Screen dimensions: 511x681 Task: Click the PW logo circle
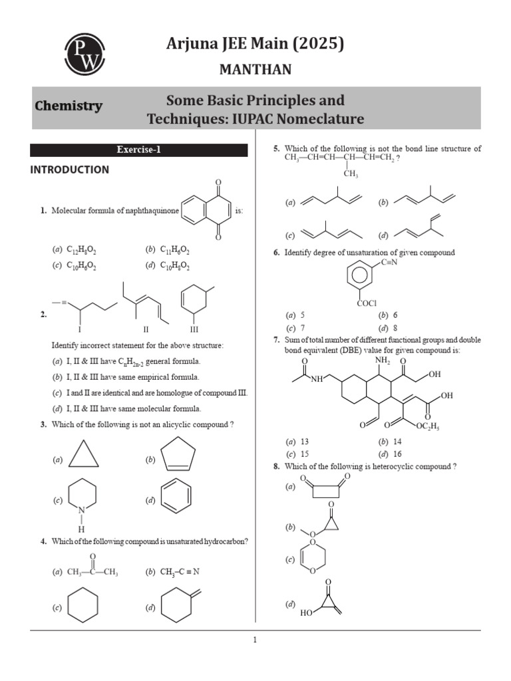pyautogui.click(x=85, y=54)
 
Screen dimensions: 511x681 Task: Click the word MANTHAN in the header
pyautogui.click(x=255, y=70)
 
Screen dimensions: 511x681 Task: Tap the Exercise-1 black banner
pyautogui.click(x=139, y=150)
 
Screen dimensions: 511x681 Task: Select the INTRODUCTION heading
pyautogui.click(x=69, y=170)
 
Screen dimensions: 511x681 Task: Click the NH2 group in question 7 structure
pyautogui.click(x=383, y=360)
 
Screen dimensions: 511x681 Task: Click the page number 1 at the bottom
pyautogui.click(x=255, y=640)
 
